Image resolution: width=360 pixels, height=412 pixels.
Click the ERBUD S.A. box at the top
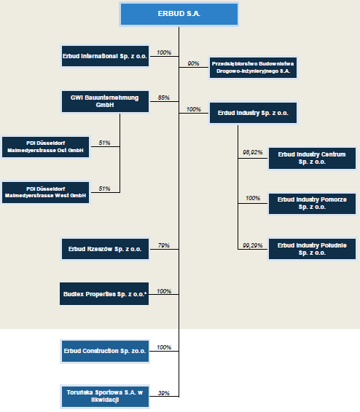(179, 14)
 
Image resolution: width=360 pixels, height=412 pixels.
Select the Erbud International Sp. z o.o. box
(105, 56)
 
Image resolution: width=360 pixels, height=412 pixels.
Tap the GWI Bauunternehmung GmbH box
(105, 101)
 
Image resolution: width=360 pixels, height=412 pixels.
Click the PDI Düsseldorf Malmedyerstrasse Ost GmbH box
(45, 147)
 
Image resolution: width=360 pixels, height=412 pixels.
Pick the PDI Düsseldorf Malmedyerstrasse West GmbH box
(45, 192)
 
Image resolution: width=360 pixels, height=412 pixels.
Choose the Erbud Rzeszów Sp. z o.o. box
(105, 249)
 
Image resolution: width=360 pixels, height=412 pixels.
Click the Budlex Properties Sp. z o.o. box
(104, 294)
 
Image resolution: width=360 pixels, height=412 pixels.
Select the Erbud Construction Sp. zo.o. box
(105, 352)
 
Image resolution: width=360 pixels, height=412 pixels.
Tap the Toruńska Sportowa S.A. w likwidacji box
(105, 396)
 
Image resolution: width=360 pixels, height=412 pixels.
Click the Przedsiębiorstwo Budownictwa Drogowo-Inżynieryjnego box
(253, 68)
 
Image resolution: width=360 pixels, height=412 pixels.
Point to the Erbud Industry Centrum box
(312, 158)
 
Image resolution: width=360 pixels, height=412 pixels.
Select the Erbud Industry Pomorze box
(312, 204)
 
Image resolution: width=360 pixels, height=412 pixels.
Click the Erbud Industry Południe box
(312, 249)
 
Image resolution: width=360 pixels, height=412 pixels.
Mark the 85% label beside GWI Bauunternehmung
(164, 98)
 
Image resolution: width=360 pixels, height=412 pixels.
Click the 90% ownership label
(193, 63)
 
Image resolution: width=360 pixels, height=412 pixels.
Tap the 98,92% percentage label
(253, 152)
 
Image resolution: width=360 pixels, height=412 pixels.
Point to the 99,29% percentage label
(253, 245)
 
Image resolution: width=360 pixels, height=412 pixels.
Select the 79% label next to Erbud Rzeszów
(164, 245)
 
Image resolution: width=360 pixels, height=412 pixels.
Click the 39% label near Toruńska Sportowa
(164, 393)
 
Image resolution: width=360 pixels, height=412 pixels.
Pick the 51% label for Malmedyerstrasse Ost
(104, 143)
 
